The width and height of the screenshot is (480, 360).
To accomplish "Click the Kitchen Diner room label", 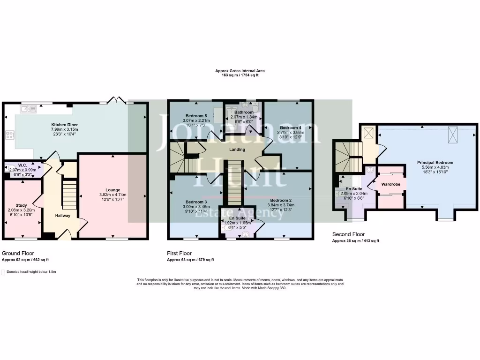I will (x=65, y=125).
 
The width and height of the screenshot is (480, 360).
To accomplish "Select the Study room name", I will (x=21, y=205).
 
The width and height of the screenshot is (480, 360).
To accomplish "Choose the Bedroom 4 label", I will (x=291, y=127).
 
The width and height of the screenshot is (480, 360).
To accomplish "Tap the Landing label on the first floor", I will (x=237, y=150).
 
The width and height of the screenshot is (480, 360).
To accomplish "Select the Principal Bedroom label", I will (x=435, y=163).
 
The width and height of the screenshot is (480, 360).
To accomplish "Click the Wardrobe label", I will (x=390, y=184).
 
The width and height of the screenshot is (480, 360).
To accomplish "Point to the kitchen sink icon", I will (x=29, y=109).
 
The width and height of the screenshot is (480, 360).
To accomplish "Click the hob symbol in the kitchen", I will (x=9, y=135).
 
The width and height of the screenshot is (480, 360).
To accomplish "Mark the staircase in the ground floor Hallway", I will (x=69, y=196).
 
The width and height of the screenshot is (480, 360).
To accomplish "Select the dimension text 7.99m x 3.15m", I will (x=65, y=129).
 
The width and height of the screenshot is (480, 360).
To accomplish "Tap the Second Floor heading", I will (x=349, y=234).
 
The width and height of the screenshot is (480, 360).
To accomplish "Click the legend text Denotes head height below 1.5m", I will (x=32, y=271).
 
